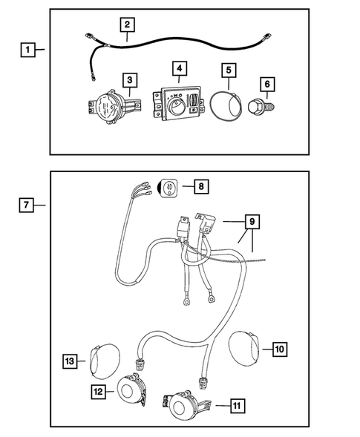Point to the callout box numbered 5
[x=229, y=71]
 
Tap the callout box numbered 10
[x=280, y=346]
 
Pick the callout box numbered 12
[x=98, y=390]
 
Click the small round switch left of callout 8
[x=168, y=187]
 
